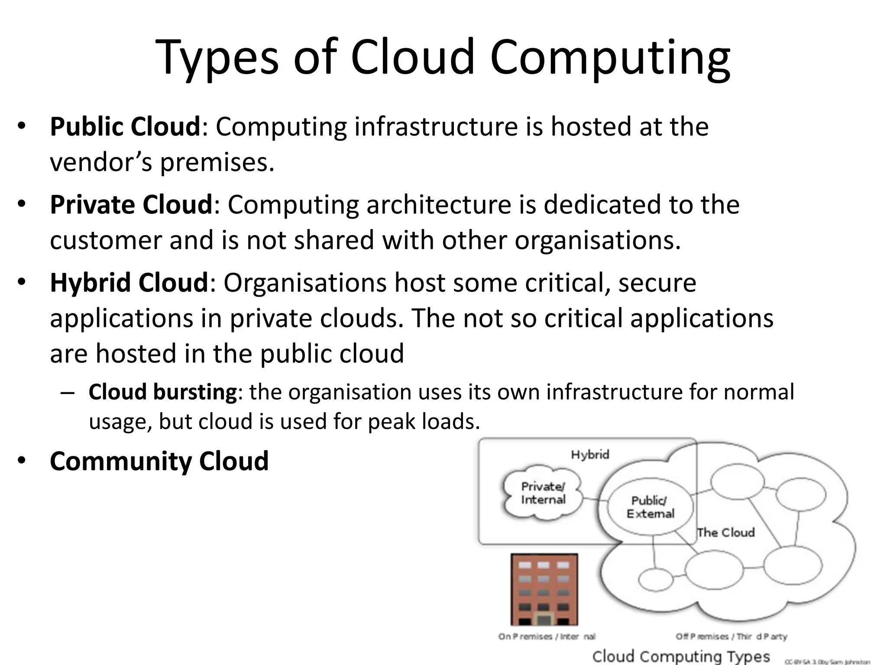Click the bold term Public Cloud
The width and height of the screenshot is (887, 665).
125,127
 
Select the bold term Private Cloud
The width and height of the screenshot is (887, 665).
131,205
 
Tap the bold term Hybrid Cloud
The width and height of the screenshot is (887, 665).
129,283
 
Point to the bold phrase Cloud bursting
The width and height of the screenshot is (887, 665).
162,392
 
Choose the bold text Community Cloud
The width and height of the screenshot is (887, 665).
159,461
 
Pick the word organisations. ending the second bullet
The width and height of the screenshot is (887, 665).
598,240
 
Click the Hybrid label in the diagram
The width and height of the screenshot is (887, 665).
590,455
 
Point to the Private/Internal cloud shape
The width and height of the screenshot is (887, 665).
543,493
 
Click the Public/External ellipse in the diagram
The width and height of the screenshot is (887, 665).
650,507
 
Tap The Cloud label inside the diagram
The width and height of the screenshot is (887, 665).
726,532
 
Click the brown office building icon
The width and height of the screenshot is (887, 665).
544,590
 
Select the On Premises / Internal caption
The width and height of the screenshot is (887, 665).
547,636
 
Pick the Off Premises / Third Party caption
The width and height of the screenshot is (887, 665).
731,636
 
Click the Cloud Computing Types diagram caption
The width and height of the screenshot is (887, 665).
681,656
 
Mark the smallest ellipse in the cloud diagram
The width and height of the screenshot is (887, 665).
656,579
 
